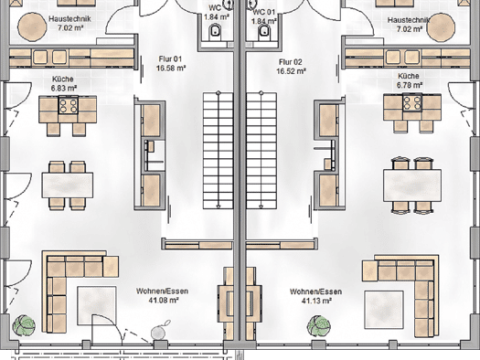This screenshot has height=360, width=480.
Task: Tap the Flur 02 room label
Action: tap(290, 62)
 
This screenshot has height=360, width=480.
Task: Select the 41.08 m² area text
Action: tap(164, 301)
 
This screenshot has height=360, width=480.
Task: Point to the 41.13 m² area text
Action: tap(316, 301)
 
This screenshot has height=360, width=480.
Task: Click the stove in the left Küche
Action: tap(69, 105)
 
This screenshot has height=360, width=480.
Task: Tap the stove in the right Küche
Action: tap(412, 102)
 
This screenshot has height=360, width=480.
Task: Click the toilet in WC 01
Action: tap(264, 33)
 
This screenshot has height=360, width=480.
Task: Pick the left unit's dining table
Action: tap(68, 185)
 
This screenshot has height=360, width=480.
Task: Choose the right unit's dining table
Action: tap(412, 185)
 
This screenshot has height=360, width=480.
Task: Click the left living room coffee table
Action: tap(97, 305)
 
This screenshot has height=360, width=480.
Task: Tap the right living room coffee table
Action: tap(384, 310)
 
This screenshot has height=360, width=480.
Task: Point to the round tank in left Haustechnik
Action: tap(32, 26)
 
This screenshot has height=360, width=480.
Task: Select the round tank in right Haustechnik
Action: tap(441, 26)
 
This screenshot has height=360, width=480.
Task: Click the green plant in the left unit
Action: tap(24, 326)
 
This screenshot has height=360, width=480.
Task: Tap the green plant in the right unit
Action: tap(319, 326)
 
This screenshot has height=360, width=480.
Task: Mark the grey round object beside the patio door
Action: tap(158, 333)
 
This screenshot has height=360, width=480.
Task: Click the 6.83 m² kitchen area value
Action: tap(64, 88)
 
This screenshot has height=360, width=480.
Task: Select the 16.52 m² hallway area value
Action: tap(291, 71)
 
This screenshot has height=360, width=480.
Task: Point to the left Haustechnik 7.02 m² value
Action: tap(70, 27)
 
